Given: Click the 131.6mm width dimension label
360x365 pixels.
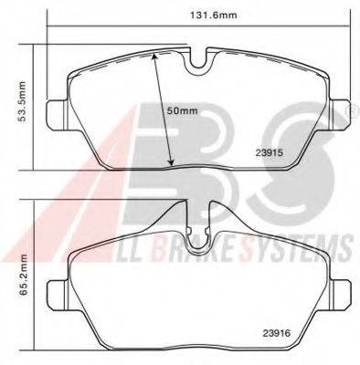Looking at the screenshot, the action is pos(214,15).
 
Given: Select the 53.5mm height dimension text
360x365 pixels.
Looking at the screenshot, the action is pos(22,101).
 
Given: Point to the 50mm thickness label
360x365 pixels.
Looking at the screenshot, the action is pos(182,111).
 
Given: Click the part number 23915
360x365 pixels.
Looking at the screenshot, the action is pos(270,153).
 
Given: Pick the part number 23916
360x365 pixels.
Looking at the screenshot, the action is pos(277,333).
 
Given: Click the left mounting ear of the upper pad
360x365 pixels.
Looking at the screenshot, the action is pos(57,115).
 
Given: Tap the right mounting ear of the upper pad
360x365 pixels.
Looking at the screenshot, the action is pos(340,115).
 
